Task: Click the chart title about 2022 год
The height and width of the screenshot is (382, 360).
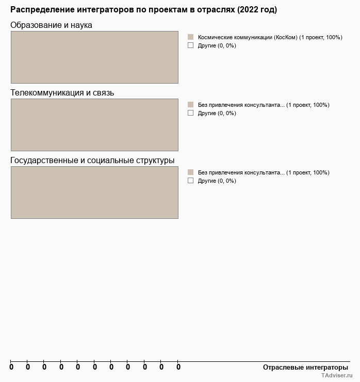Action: tap(143, 10)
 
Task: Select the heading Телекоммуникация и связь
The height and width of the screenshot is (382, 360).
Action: tap(62, 92)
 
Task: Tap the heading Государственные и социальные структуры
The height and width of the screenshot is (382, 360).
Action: tap(92, 160)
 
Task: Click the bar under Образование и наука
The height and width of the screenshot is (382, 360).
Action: tap(94, 57)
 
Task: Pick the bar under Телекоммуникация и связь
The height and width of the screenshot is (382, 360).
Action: tap(94, 125)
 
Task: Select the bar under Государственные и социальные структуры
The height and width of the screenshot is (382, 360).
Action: tap(94, 193)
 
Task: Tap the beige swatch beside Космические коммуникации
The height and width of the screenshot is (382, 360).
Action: tap(190, 37)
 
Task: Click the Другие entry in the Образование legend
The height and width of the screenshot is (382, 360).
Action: tap(217, 45)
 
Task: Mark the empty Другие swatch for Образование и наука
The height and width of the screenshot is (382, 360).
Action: tap(190, 45)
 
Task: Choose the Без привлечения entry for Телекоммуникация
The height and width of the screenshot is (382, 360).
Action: tap(263, 105)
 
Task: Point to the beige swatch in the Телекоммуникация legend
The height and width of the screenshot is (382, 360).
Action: tap(190, 105)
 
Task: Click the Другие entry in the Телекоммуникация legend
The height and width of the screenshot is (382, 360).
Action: tap(217, 113)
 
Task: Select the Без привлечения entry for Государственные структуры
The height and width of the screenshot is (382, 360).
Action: tap(263, 172)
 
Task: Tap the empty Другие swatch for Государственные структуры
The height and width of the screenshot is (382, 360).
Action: tap(190, 181)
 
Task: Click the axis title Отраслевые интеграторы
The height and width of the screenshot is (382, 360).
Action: tap(306, 367)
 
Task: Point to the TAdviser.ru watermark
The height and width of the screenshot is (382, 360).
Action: tap(336, 376)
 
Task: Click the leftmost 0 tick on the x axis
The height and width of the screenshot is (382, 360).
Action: tap(11, 367)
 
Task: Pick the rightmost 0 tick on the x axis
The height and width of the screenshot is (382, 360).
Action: tap(178, 367)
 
